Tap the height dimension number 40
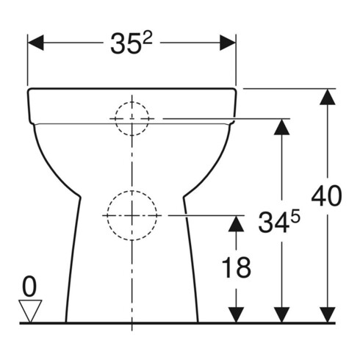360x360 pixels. click(x=326, y=197)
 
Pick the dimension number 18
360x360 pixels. click(x=237, y=268)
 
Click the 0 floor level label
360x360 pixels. click(x=29, y=284)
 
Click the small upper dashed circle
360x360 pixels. click(x=132, y=118)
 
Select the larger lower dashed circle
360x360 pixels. click(x=132, y=215)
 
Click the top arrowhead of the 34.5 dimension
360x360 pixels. click(x=280, y=127)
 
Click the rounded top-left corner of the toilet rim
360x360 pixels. click(x=31, y=92)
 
